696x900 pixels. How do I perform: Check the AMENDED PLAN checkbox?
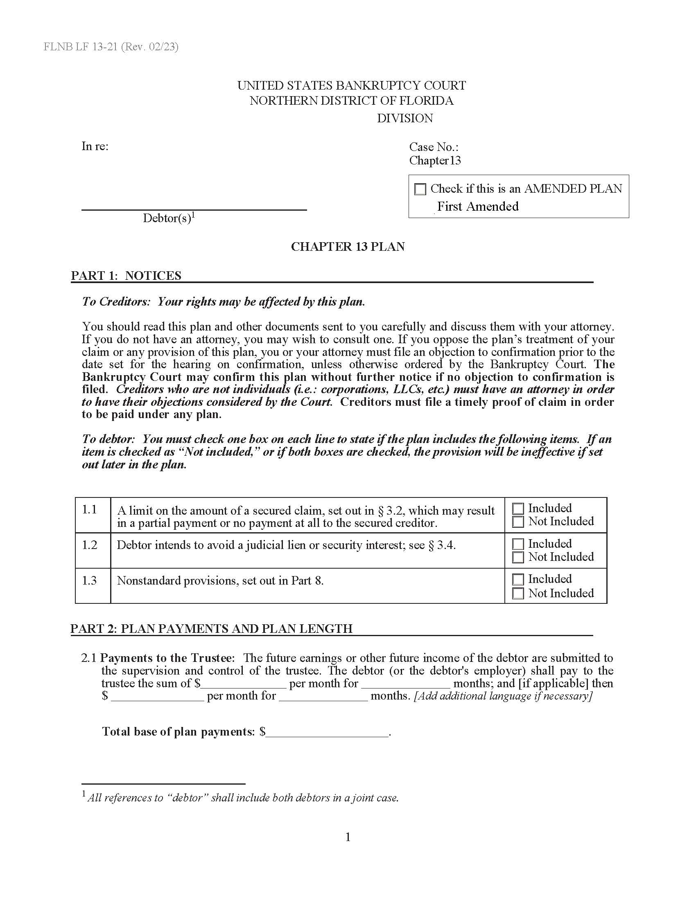pos(420,189)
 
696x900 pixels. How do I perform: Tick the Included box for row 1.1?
pos(518,509)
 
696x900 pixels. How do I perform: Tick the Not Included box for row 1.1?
pos(518,522)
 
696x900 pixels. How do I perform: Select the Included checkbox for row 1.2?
pos(518,544)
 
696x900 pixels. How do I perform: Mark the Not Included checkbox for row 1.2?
pos(518,557)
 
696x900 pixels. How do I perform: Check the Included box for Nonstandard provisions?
pos(518,579)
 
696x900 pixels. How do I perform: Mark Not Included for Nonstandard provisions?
pos(518,594)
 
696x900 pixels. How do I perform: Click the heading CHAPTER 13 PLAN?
pos(348,246)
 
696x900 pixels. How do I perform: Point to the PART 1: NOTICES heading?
pos(126,275)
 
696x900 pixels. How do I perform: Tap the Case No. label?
pos(433,147)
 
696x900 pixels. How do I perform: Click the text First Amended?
pos(477,206)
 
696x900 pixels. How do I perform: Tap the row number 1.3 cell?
pos(90,580)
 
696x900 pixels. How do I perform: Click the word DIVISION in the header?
pos(404,118)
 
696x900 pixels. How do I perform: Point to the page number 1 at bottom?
pos(348,837)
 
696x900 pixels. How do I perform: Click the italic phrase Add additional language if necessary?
pos(503,695)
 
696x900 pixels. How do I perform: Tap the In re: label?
pos(95,146)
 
